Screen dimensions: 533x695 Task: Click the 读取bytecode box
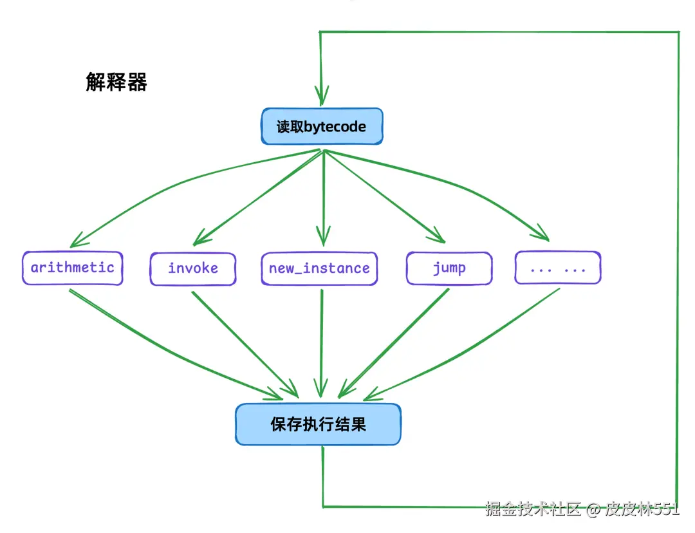(x=322, y=126)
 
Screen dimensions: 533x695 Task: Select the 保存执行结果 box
(x=318, y=425)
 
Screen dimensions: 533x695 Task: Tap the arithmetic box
(x=72, y=268)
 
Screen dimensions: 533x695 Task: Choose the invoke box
(x=193, y=268)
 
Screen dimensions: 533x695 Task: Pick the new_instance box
(x=319, y=268)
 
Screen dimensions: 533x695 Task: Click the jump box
(x=449, y=268)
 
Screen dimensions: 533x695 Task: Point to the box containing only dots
(x=557, y=268)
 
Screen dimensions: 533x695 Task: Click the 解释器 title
(x=116, y=82)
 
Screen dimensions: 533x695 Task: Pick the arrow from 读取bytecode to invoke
(x=257, y=193)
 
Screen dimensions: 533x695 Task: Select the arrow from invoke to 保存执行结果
(x=245, y=344)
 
